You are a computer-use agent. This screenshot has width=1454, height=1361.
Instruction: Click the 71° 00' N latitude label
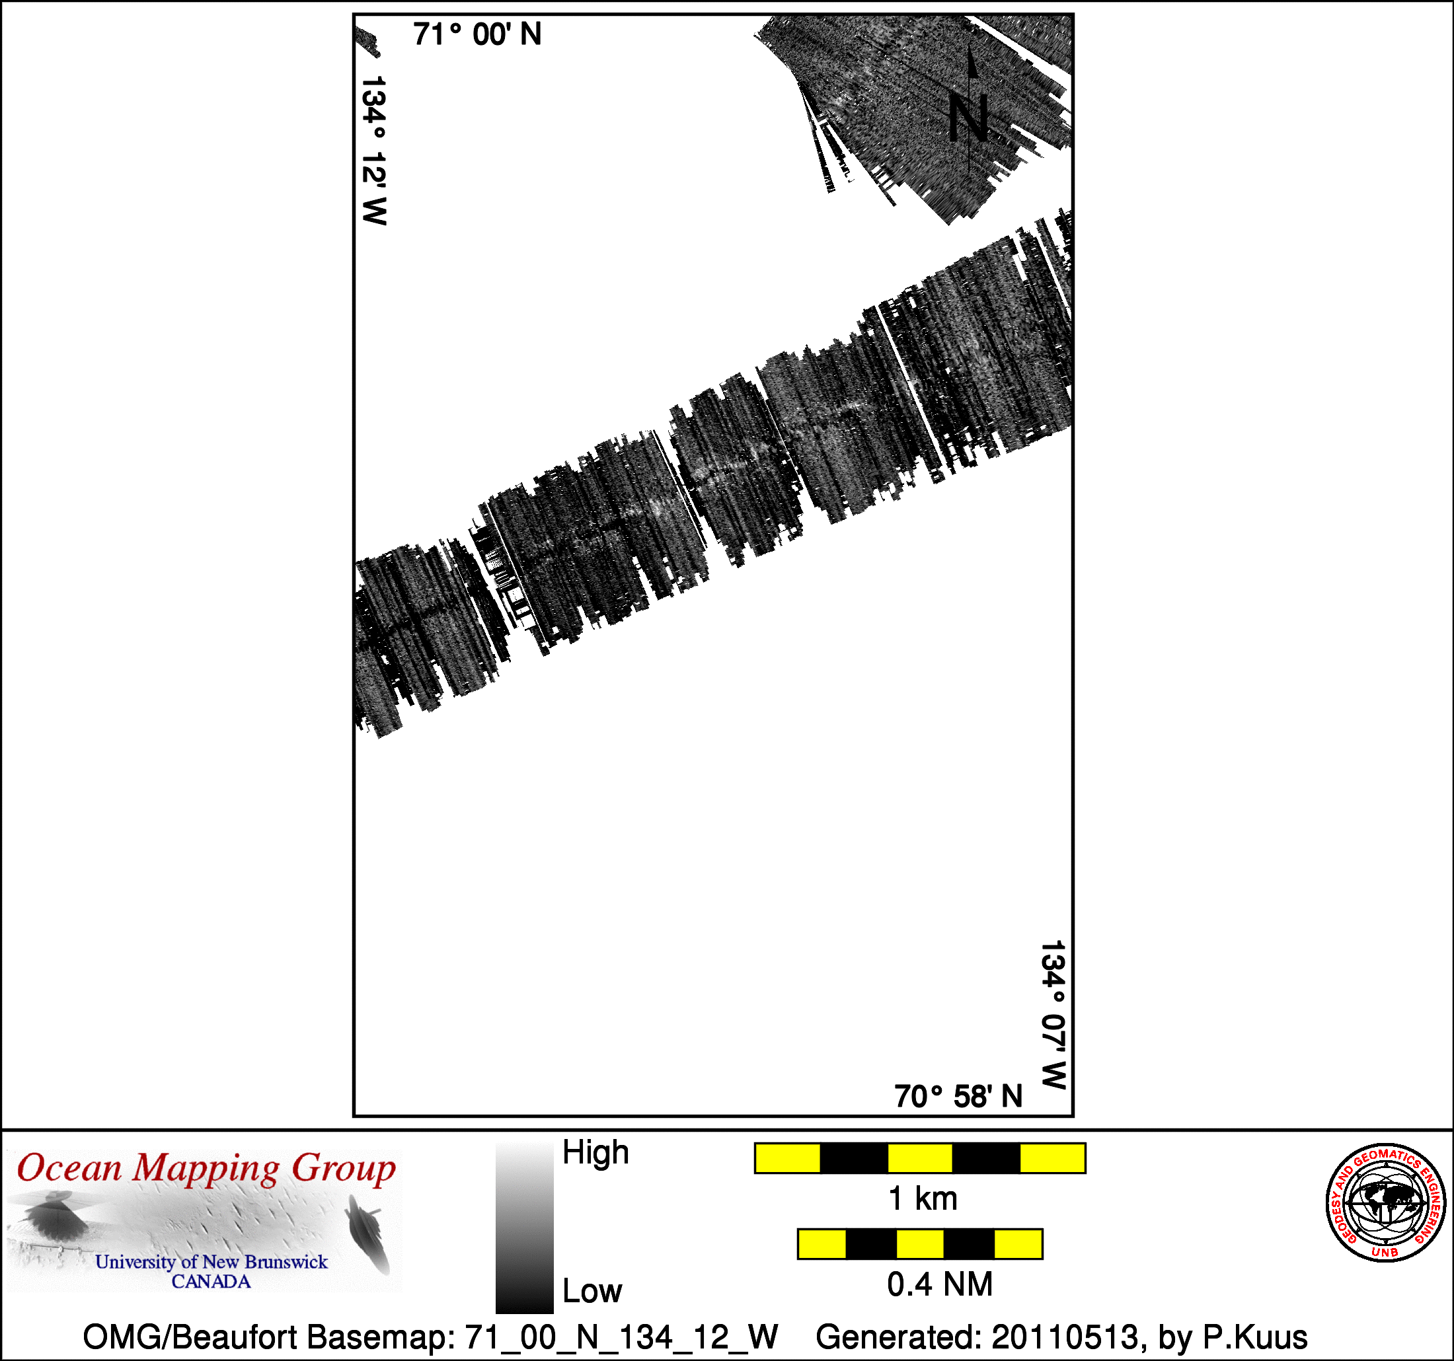coord(477,34)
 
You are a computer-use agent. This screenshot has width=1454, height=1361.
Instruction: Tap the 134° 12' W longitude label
coord(373,150)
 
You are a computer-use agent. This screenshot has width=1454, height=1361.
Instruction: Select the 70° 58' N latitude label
coord(958,1096)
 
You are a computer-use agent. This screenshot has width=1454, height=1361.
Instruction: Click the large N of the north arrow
coord(969,118)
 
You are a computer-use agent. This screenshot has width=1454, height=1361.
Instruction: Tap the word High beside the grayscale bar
coord(595,1153)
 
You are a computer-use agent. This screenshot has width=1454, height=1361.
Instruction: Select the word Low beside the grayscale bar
coord(592,1292)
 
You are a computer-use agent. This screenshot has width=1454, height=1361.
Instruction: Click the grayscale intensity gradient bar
coord(524,1229)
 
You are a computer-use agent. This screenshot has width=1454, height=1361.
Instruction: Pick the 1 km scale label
coord(922,1198)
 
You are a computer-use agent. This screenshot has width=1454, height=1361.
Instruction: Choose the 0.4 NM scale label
coord(940,1284)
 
